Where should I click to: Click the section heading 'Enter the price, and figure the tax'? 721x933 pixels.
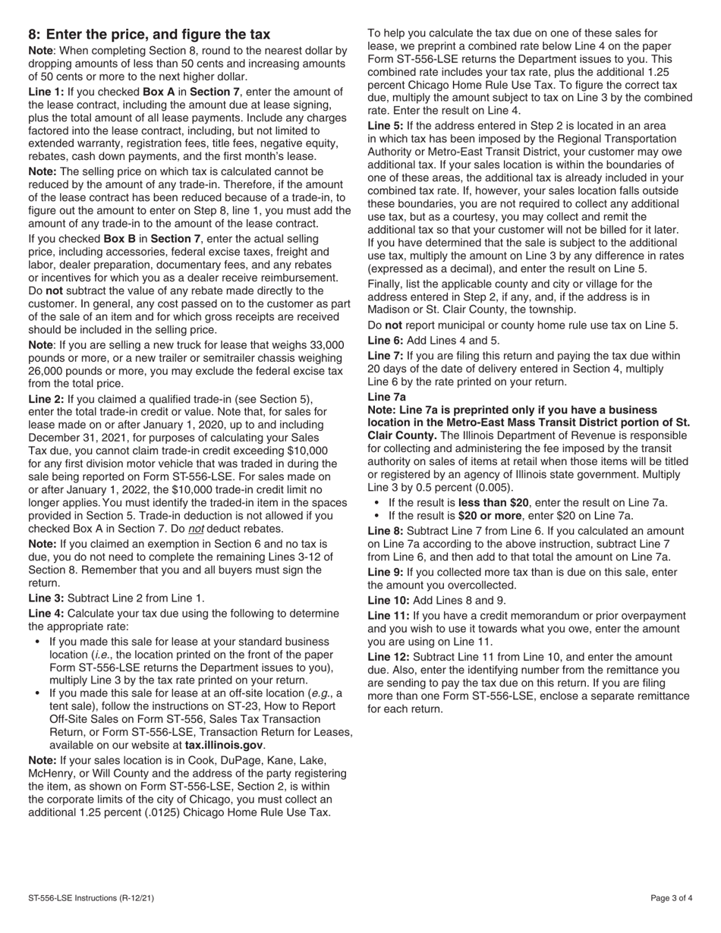point(159,34)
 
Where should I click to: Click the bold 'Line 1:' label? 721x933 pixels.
point(46,92)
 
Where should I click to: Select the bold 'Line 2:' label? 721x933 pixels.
point(46,399)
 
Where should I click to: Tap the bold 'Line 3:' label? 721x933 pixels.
point(46,598)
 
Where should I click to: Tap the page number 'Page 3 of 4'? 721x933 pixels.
point(672,899)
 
